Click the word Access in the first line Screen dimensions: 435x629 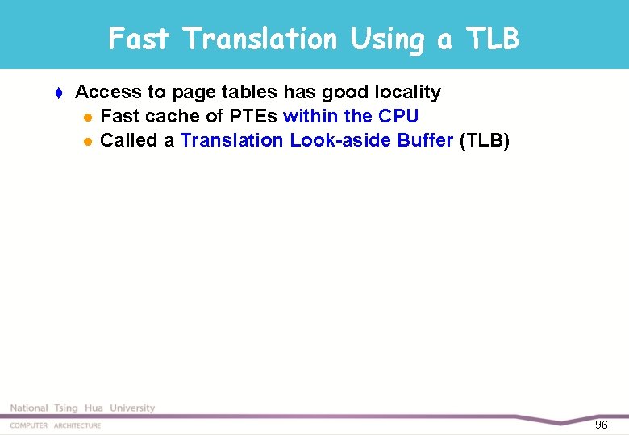[x=106, y=92]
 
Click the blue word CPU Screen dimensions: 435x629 [x=398, y=116]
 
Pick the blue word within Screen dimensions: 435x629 [x=310, y=116]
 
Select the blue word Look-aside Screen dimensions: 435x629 [x=340, y=140]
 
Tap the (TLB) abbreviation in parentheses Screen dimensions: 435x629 [x=484, y=140]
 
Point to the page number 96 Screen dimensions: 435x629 [x=601, y=425]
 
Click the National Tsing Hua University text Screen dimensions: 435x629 [x=82, y=408]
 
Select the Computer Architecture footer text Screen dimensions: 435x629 [x=56, y=425]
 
